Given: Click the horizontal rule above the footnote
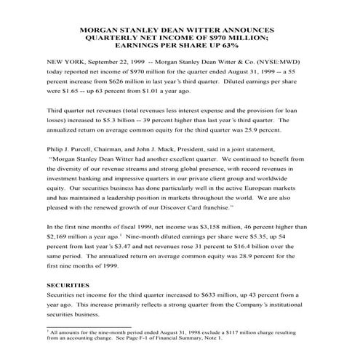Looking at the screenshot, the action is point(87,327).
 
